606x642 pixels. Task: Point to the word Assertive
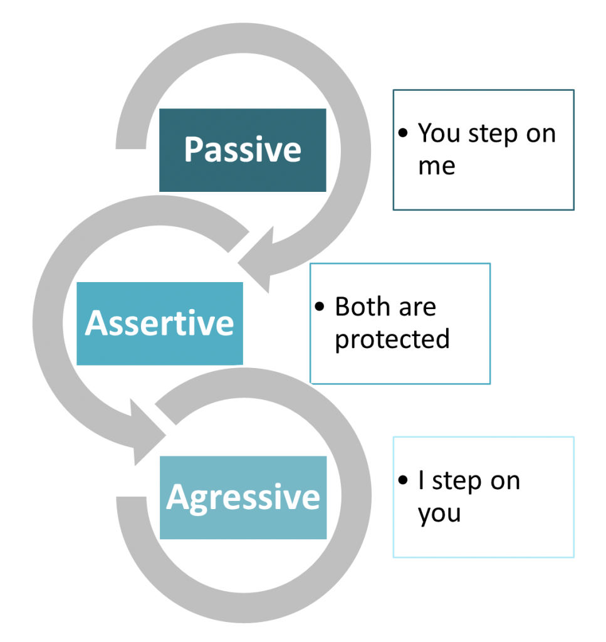pos(159,323)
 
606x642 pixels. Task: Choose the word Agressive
pos(243,497)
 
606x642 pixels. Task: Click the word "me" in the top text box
pos(436,166)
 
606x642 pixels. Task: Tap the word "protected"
pos(392,339)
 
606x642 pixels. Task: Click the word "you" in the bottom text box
pos(439,514)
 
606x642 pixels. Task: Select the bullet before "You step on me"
pos(404,134)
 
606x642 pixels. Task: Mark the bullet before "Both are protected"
pos(321,307)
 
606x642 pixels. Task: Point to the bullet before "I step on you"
pos(404,481)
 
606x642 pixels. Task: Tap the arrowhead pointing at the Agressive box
pos(148,433)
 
